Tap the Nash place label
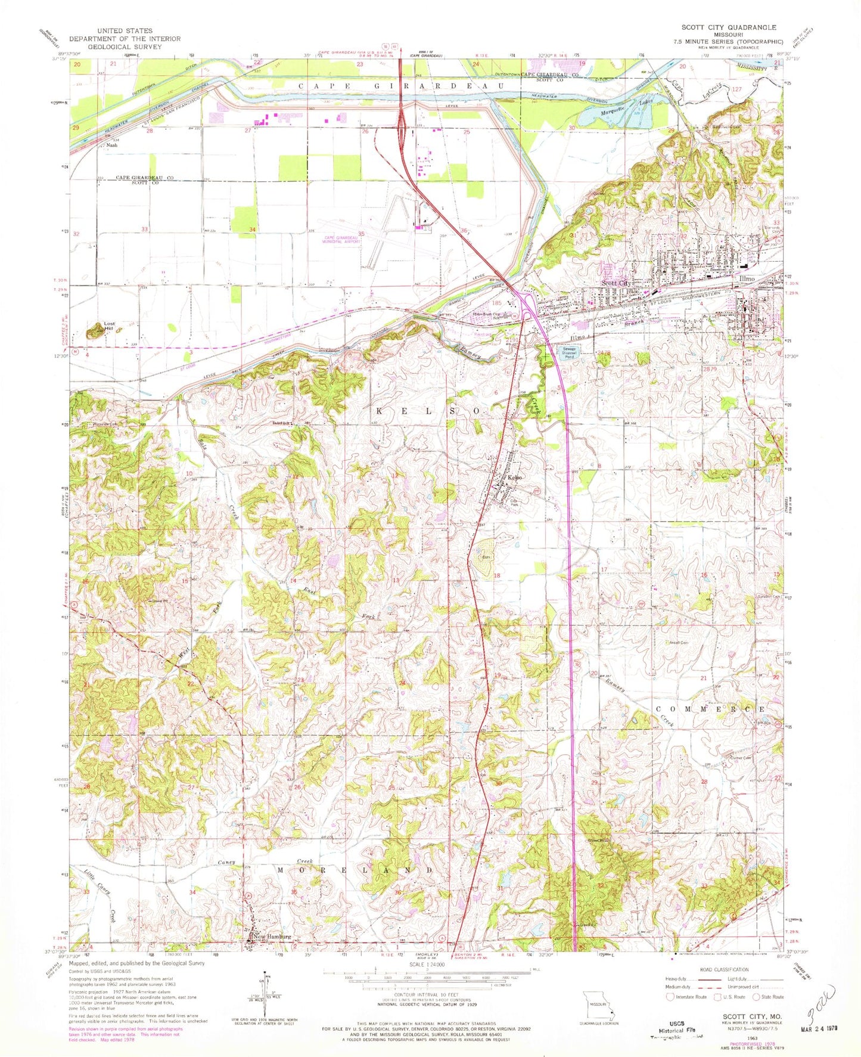[x=112, y=145]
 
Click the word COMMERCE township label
[x=710, y=709]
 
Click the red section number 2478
[x=604, y=354]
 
